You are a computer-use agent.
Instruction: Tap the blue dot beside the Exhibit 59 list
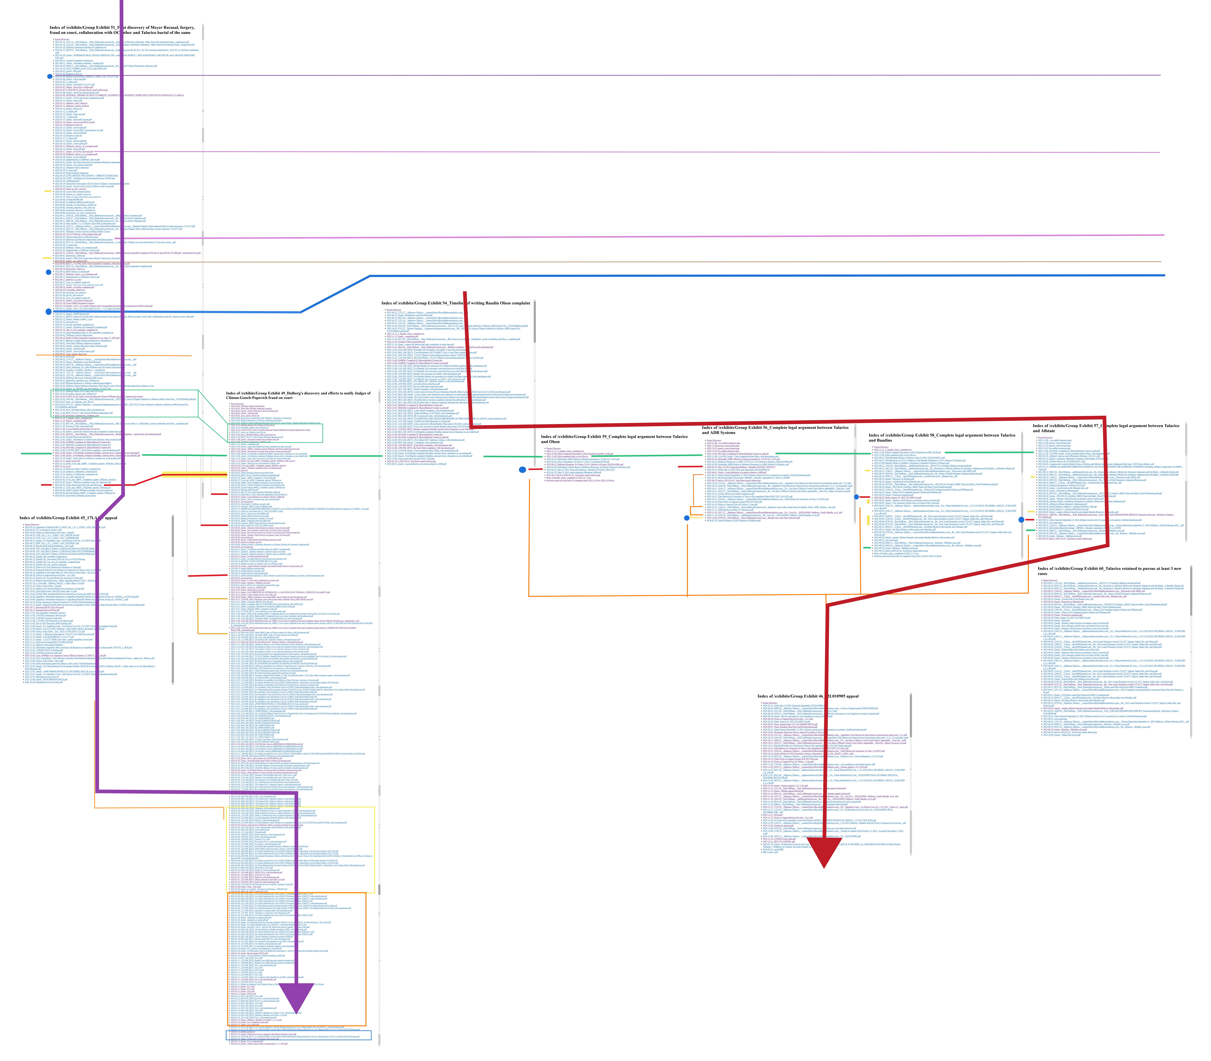pyautogui.click(x=522, y=470)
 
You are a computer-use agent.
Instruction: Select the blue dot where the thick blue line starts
pyautogui.click(x=49, y=312)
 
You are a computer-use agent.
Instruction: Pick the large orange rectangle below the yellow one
pyautogui.click(x=366, y=959)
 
